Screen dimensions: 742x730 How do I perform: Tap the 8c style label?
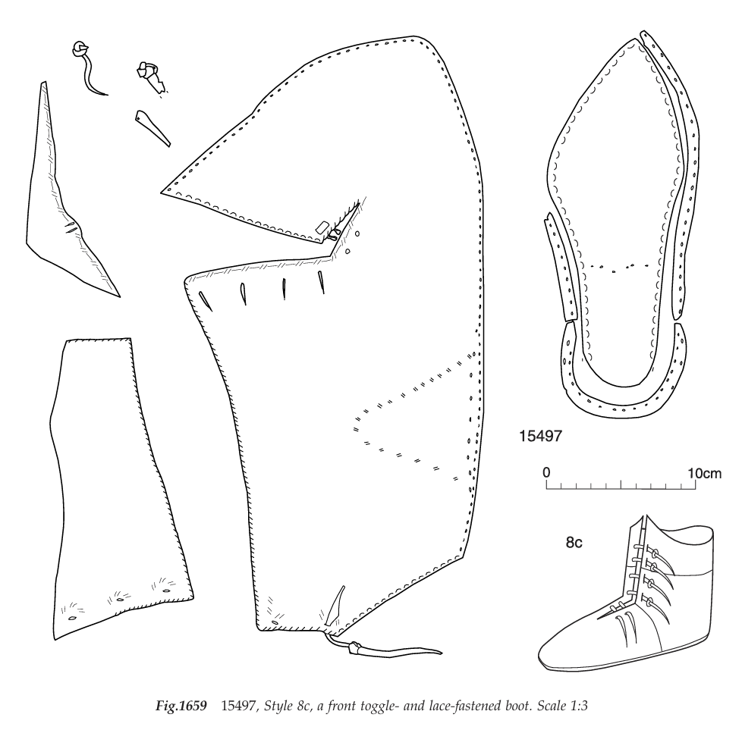tap(574, 543)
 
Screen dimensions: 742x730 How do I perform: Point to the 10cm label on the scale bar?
tap(703, 473)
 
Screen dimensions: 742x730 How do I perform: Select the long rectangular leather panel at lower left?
tap(114, 485)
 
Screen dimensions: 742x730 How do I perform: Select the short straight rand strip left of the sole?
tap(561, 269)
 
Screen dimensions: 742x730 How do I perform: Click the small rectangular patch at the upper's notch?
tap(322, 227)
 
